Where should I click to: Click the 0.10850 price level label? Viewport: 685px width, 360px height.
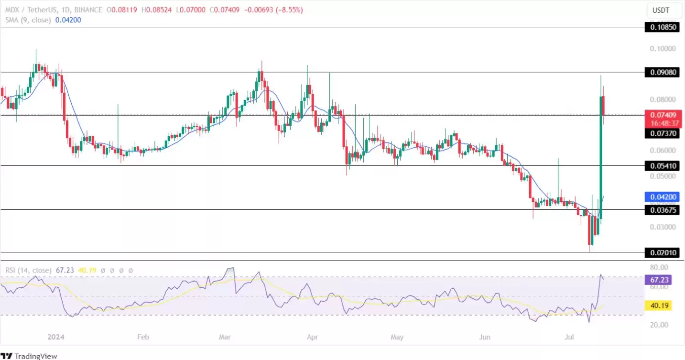(663, 28)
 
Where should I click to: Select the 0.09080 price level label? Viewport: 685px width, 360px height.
(663, 72)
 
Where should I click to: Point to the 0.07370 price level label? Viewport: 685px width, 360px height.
(663, 134)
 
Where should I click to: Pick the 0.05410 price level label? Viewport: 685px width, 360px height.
(663, 166)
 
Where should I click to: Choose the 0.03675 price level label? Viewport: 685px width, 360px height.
(663, 210)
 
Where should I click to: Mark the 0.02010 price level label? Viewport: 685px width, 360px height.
(663, 252)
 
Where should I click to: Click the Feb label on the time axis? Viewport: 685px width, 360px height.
(143, 337)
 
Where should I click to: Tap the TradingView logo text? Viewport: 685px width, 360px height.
(35, 356)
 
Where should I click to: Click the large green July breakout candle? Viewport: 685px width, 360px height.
(601, 158)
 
